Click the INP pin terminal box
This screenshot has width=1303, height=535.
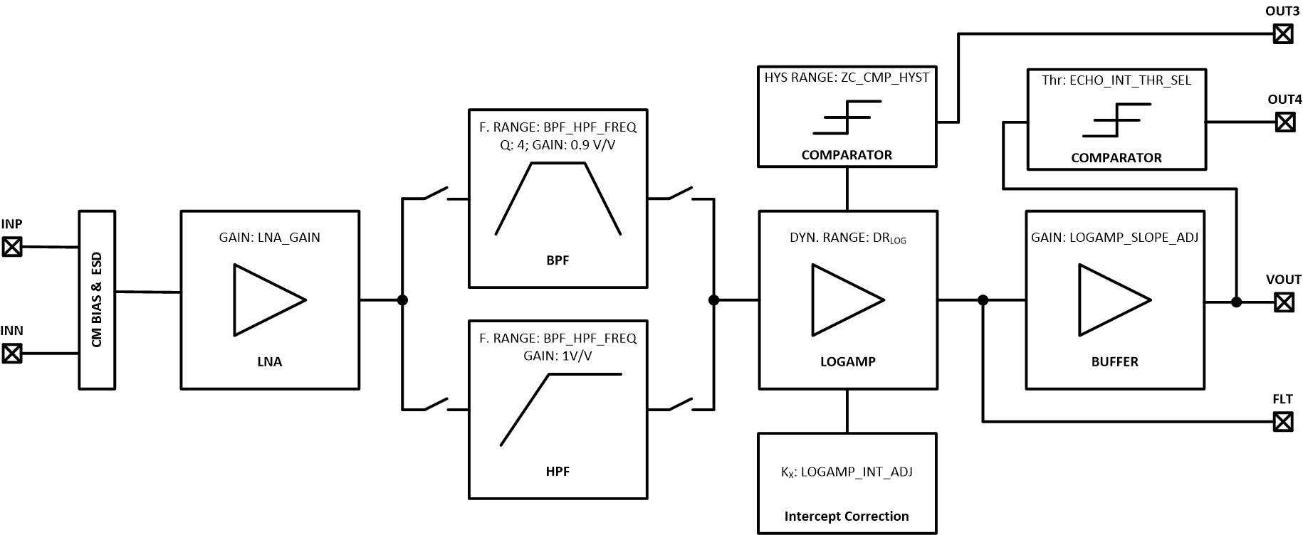tap(12, 247)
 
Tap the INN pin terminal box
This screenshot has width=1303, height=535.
tap(12, 353)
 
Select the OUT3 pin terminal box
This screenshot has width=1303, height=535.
tap(1282, 33)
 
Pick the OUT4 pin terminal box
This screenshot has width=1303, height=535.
tap(1284, 122)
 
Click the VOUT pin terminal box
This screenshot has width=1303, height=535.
tap(1283, 302)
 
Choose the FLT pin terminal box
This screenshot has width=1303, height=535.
tap(1282, 422)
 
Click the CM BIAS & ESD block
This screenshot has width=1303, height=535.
tap(97, 300)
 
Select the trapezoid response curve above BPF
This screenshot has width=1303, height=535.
tap(558, 198)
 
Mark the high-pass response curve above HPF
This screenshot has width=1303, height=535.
tap(560, 409)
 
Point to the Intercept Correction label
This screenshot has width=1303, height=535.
tap(847, 517)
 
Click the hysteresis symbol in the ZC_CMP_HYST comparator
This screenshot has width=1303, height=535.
tap(847, 117)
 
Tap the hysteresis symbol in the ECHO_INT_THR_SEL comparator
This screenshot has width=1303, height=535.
tap(1116, 120)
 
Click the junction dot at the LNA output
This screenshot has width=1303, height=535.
tap(402, 300)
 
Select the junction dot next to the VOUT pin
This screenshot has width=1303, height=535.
tap(1236, 302)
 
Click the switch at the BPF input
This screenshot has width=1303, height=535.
tap(436, 194)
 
